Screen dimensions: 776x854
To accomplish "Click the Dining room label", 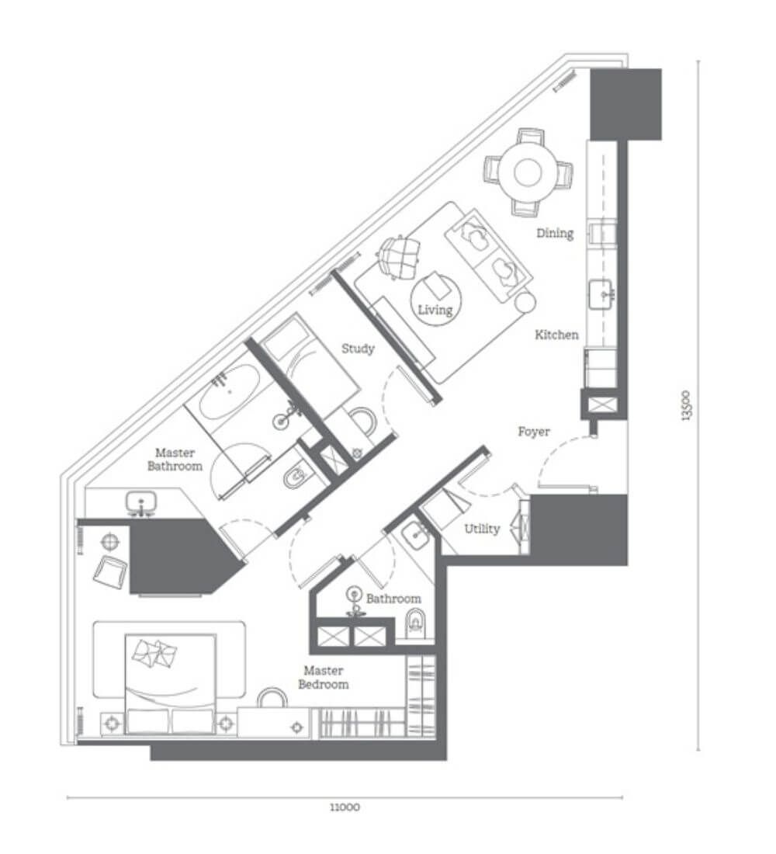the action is (x=555, y=233).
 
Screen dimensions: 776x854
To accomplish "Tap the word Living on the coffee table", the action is (x=435, y=310).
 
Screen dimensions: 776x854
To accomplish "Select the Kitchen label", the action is (x=556, y=335).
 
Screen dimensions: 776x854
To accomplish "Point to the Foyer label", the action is (x=534, y=432).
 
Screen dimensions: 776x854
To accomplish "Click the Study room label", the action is (x=358, y=349).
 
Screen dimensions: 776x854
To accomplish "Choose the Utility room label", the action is (x=482, y=528).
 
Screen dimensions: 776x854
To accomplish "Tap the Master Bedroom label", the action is (x=324, y=677).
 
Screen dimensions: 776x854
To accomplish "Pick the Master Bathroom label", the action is (x=175, y=459).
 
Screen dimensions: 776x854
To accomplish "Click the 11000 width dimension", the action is (x=345, y=807).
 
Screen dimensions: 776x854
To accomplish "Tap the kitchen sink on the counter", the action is (x=602, y=295).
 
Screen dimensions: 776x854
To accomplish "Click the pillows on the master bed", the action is (x=156, y=652).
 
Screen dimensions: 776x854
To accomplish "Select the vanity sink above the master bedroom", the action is (x=141, y=503).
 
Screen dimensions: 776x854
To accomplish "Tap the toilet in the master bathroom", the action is (x=296, y=477).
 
